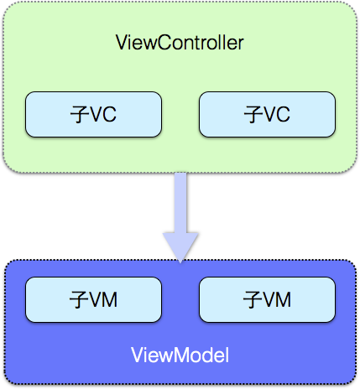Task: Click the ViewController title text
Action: (x=179, y=43)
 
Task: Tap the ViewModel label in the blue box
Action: (x=180, y=355)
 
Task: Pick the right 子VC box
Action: (x=267, y=115)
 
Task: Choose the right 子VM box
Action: (x=267, y=299)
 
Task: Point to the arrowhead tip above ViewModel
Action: (x=180, y=261)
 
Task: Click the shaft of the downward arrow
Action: (x=180, y=201)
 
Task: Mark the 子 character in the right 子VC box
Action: (x=252, y=115)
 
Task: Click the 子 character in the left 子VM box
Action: (x=77, y=299)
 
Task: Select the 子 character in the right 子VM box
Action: (x=251, y=299)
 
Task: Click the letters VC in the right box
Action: (x=276, y=115)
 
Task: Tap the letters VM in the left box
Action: (x=103, y=299)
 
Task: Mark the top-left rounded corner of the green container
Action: (x=10, y=9)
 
